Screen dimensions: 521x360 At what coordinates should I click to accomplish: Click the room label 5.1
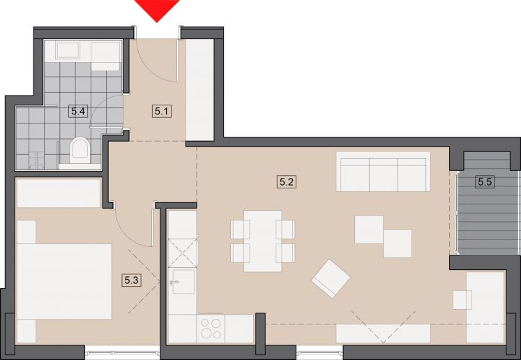[x=162, y=111]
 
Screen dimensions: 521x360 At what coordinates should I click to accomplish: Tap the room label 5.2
[x=287, y=182]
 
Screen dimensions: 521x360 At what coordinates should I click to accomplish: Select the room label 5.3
[x=131, y=280]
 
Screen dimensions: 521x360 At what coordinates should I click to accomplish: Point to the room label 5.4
[x=78, y=111]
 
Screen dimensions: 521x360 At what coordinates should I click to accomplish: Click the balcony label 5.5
[x=485, y=182]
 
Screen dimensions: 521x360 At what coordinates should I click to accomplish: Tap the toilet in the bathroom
[x=80, y=150]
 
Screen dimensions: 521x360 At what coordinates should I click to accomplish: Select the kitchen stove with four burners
[x=211, y=329]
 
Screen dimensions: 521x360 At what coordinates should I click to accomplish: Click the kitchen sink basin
[x=183, y=282]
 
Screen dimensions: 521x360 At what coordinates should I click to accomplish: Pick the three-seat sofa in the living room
[x=384, y=172]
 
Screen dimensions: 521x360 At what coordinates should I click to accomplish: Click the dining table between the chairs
[x=262, y=241]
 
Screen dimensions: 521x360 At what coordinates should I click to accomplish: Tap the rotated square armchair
[x=331, y=278]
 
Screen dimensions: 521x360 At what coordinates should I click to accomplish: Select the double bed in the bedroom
[x=64, y=282]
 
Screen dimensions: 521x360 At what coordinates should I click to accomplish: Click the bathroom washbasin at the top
[x=68, y=50]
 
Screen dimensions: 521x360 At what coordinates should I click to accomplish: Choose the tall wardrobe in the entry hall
[x=199, y=90]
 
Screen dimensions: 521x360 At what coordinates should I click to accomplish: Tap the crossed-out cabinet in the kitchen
[x=183, y=253]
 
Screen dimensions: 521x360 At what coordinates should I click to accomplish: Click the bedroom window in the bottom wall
[x=122, y=352]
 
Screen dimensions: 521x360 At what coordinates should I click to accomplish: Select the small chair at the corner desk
[x=462, y=300]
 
